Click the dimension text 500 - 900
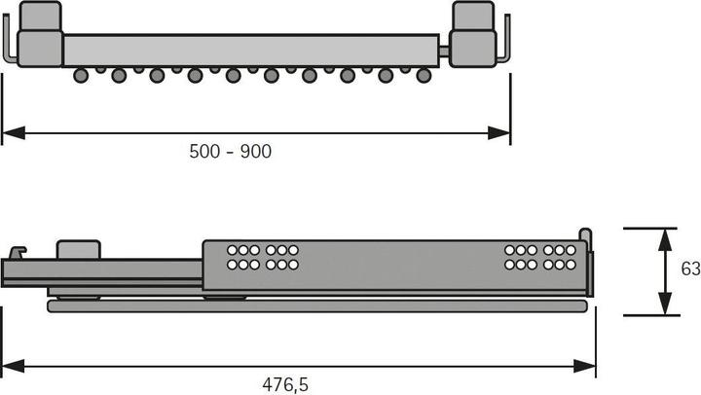[232, 151]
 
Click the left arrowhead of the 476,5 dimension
[10, 366]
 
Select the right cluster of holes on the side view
[539, 257]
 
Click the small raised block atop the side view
[79, 249]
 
